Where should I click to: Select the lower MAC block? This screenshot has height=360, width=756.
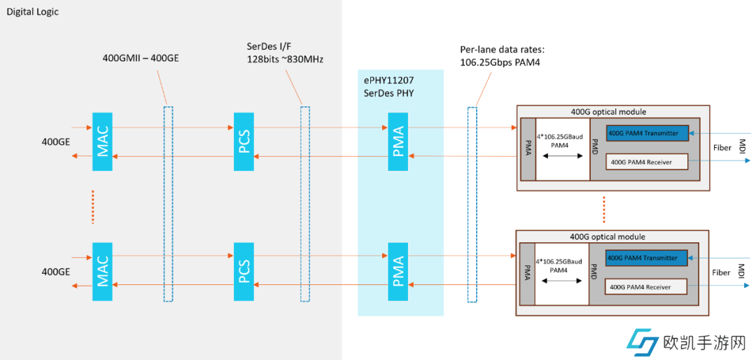(x=102, y=272)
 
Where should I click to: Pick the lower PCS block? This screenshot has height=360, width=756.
(x=243, y=272)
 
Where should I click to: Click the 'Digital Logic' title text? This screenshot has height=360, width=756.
(x=33, y=12)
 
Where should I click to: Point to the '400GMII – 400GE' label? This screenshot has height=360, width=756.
(x=141, y=58)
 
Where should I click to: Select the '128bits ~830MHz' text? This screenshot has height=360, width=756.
(x=286, y=59)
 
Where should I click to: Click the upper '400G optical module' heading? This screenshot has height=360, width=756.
(x=608, y=111)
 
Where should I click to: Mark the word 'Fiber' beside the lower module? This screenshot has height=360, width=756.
(x=722, y=272)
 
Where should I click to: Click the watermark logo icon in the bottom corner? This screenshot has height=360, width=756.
(x=642, y=343)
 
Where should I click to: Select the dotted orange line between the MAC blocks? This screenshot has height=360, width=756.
(x=92, y=206)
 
